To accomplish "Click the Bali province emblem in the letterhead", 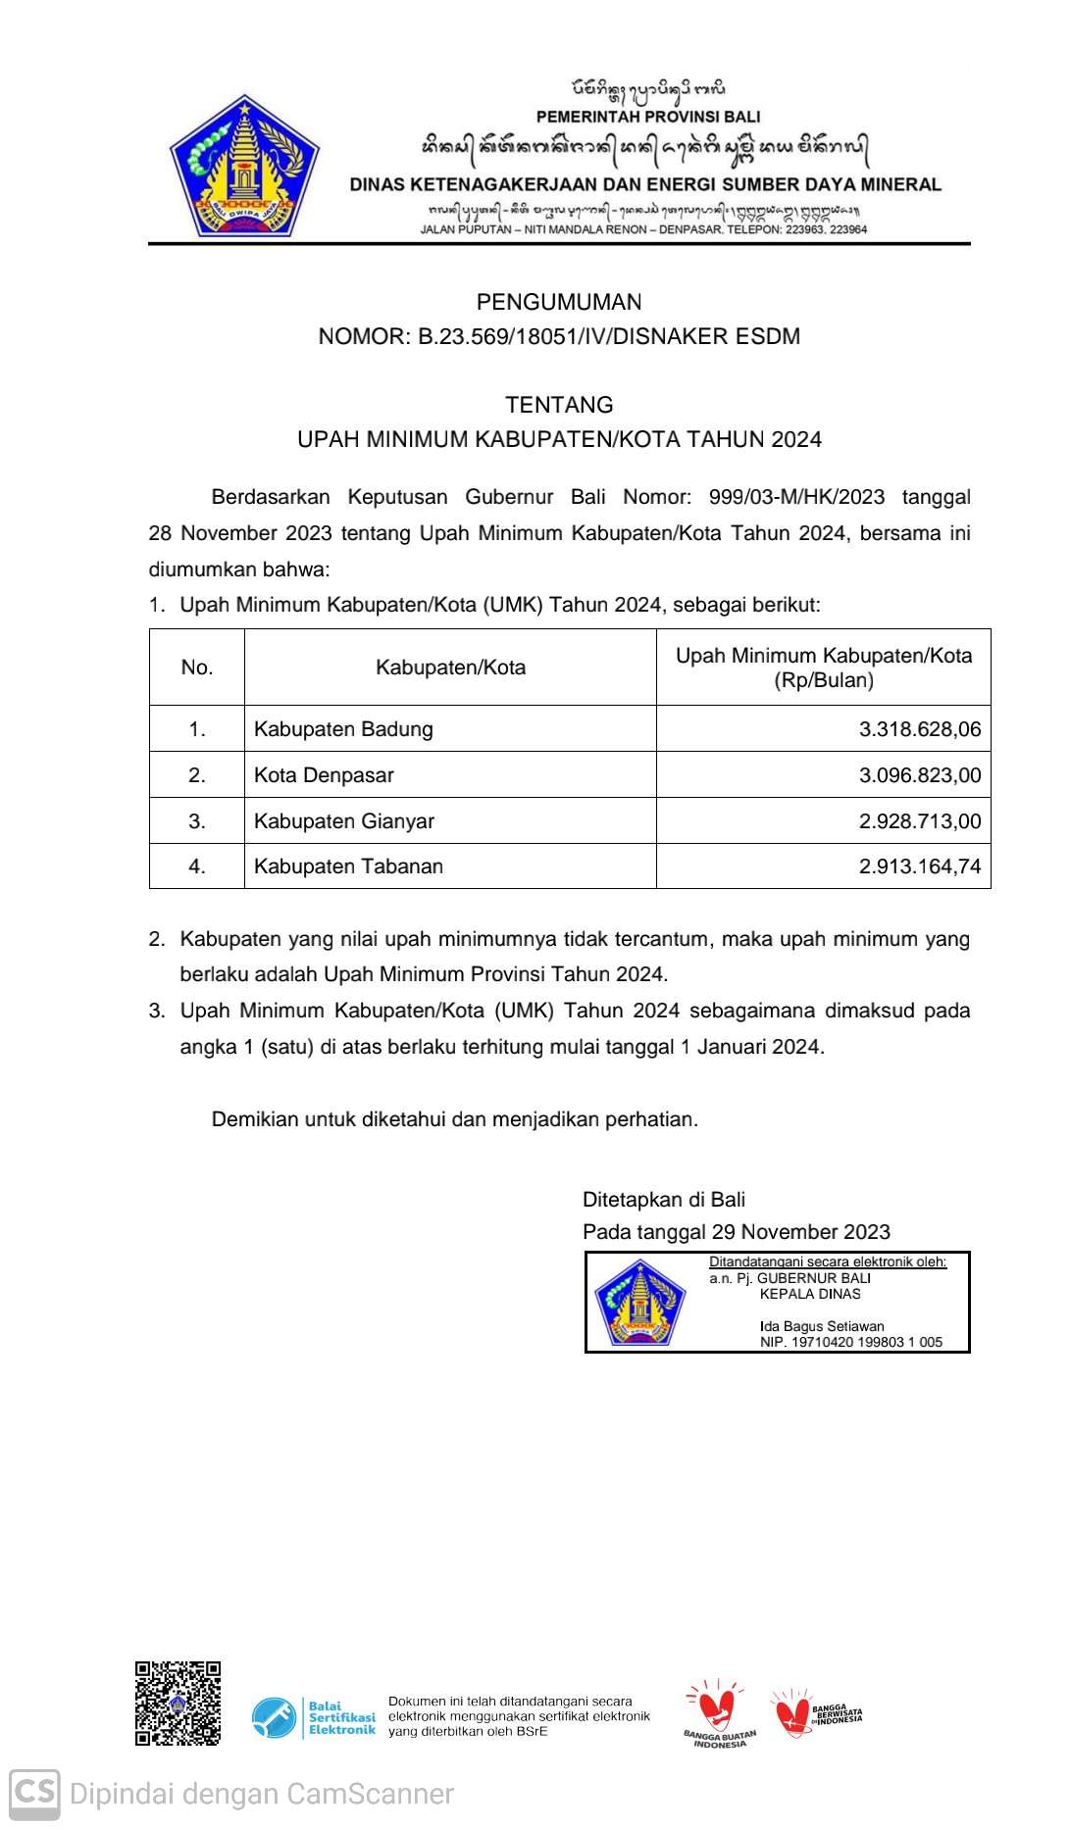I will click(244, 167).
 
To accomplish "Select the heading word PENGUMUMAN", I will click(559, 302).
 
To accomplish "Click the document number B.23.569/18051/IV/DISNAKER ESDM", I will click(609, 337).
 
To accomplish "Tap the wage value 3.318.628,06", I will click(919, 729).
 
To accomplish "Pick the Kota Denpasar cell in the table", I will click(324, 775).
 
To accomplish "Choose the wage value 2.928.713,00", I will click(919, 821).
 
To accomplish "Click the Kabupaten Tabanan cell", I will click(348, 866).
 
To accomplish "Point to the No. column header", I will click(197, 667).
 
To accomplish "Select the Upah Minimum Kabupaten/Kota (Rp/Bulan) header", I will click(824, 667).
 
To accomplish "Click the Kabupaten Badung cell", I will click(343, 729).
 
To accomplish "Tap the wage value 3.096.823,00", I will click(919, 775).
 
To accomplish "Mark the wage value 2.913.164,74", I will click(919, 866).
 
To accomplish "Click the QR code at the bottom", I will click(178, 1704).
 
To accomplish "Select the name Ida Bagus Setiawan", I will click(822, 1326).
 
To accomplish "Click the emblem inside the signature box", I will click(639, 1303).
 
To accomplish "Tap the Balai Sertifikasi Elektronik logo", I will click(314, 1718).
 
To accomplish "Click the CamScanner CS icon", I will click(34, 1794).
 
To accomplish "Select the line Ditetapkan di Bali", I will click(664, 1200).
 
